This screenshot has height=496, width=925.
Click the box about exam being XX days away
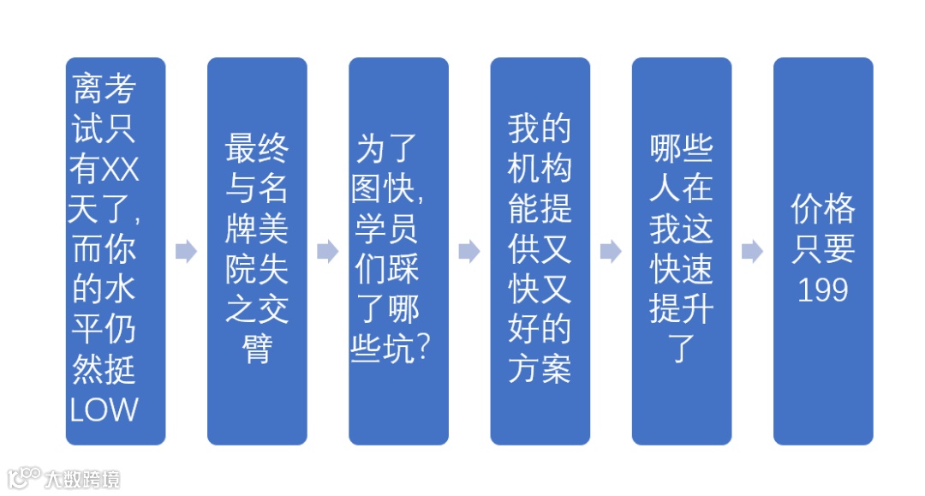click(x=115, y=251)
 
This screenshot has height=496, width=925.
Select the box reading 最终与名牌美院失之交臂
click(x=257, y=251)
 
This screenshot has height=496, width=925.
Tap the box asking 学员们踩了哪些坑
click(x=398, y=251)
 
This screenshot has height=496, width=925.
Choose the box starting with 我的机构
click(x=540, y=251)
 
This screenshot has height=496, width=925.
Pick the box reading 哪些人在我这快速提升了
click(x=682, y=251)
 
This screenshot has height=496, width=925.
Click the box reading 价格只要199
click(x=823, y=251)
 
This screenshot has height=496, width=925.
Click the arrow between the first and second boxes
click(x=186, y=252)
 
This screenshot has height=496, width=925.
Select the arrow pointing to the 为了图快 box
click(x=327, y=252)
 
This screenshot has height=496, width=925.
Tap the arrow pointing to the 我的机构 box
click(x=469, y=252)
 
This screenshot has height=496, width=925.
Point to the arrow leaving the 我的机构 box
click(x=611, y=252)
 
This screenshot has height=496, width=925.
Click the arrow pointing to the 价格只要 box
click(x=752, y=252)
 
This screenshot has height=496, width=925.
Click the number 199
click(x=823, y=290)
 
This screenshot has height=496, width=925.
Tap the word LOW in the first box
click(x=104, y=410)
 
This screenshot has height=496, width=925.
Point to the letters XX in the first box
click(x=120, y=171)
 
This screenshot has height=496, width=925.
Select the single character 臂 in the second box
click(x=257, y=349)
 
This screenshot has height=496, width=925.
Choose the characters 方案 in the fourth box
click(x=540, y=368)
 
